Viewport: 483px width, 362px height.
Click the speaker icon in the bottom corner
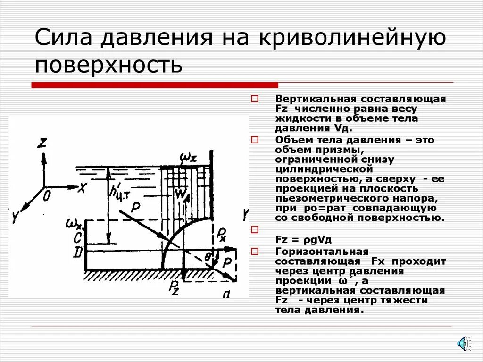click(463, 343)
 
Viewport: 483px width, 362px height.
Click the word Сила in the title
click(61, 37)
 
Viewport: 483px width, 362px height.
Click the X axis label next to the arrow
click(82, 188)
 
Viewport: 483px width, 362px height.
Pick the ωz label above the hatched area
click(188, 157)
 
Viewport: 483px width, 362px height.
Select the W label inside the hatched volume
click(181, 194)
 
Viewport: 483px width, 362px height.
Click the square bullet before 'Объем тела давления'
click(255, 140)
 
